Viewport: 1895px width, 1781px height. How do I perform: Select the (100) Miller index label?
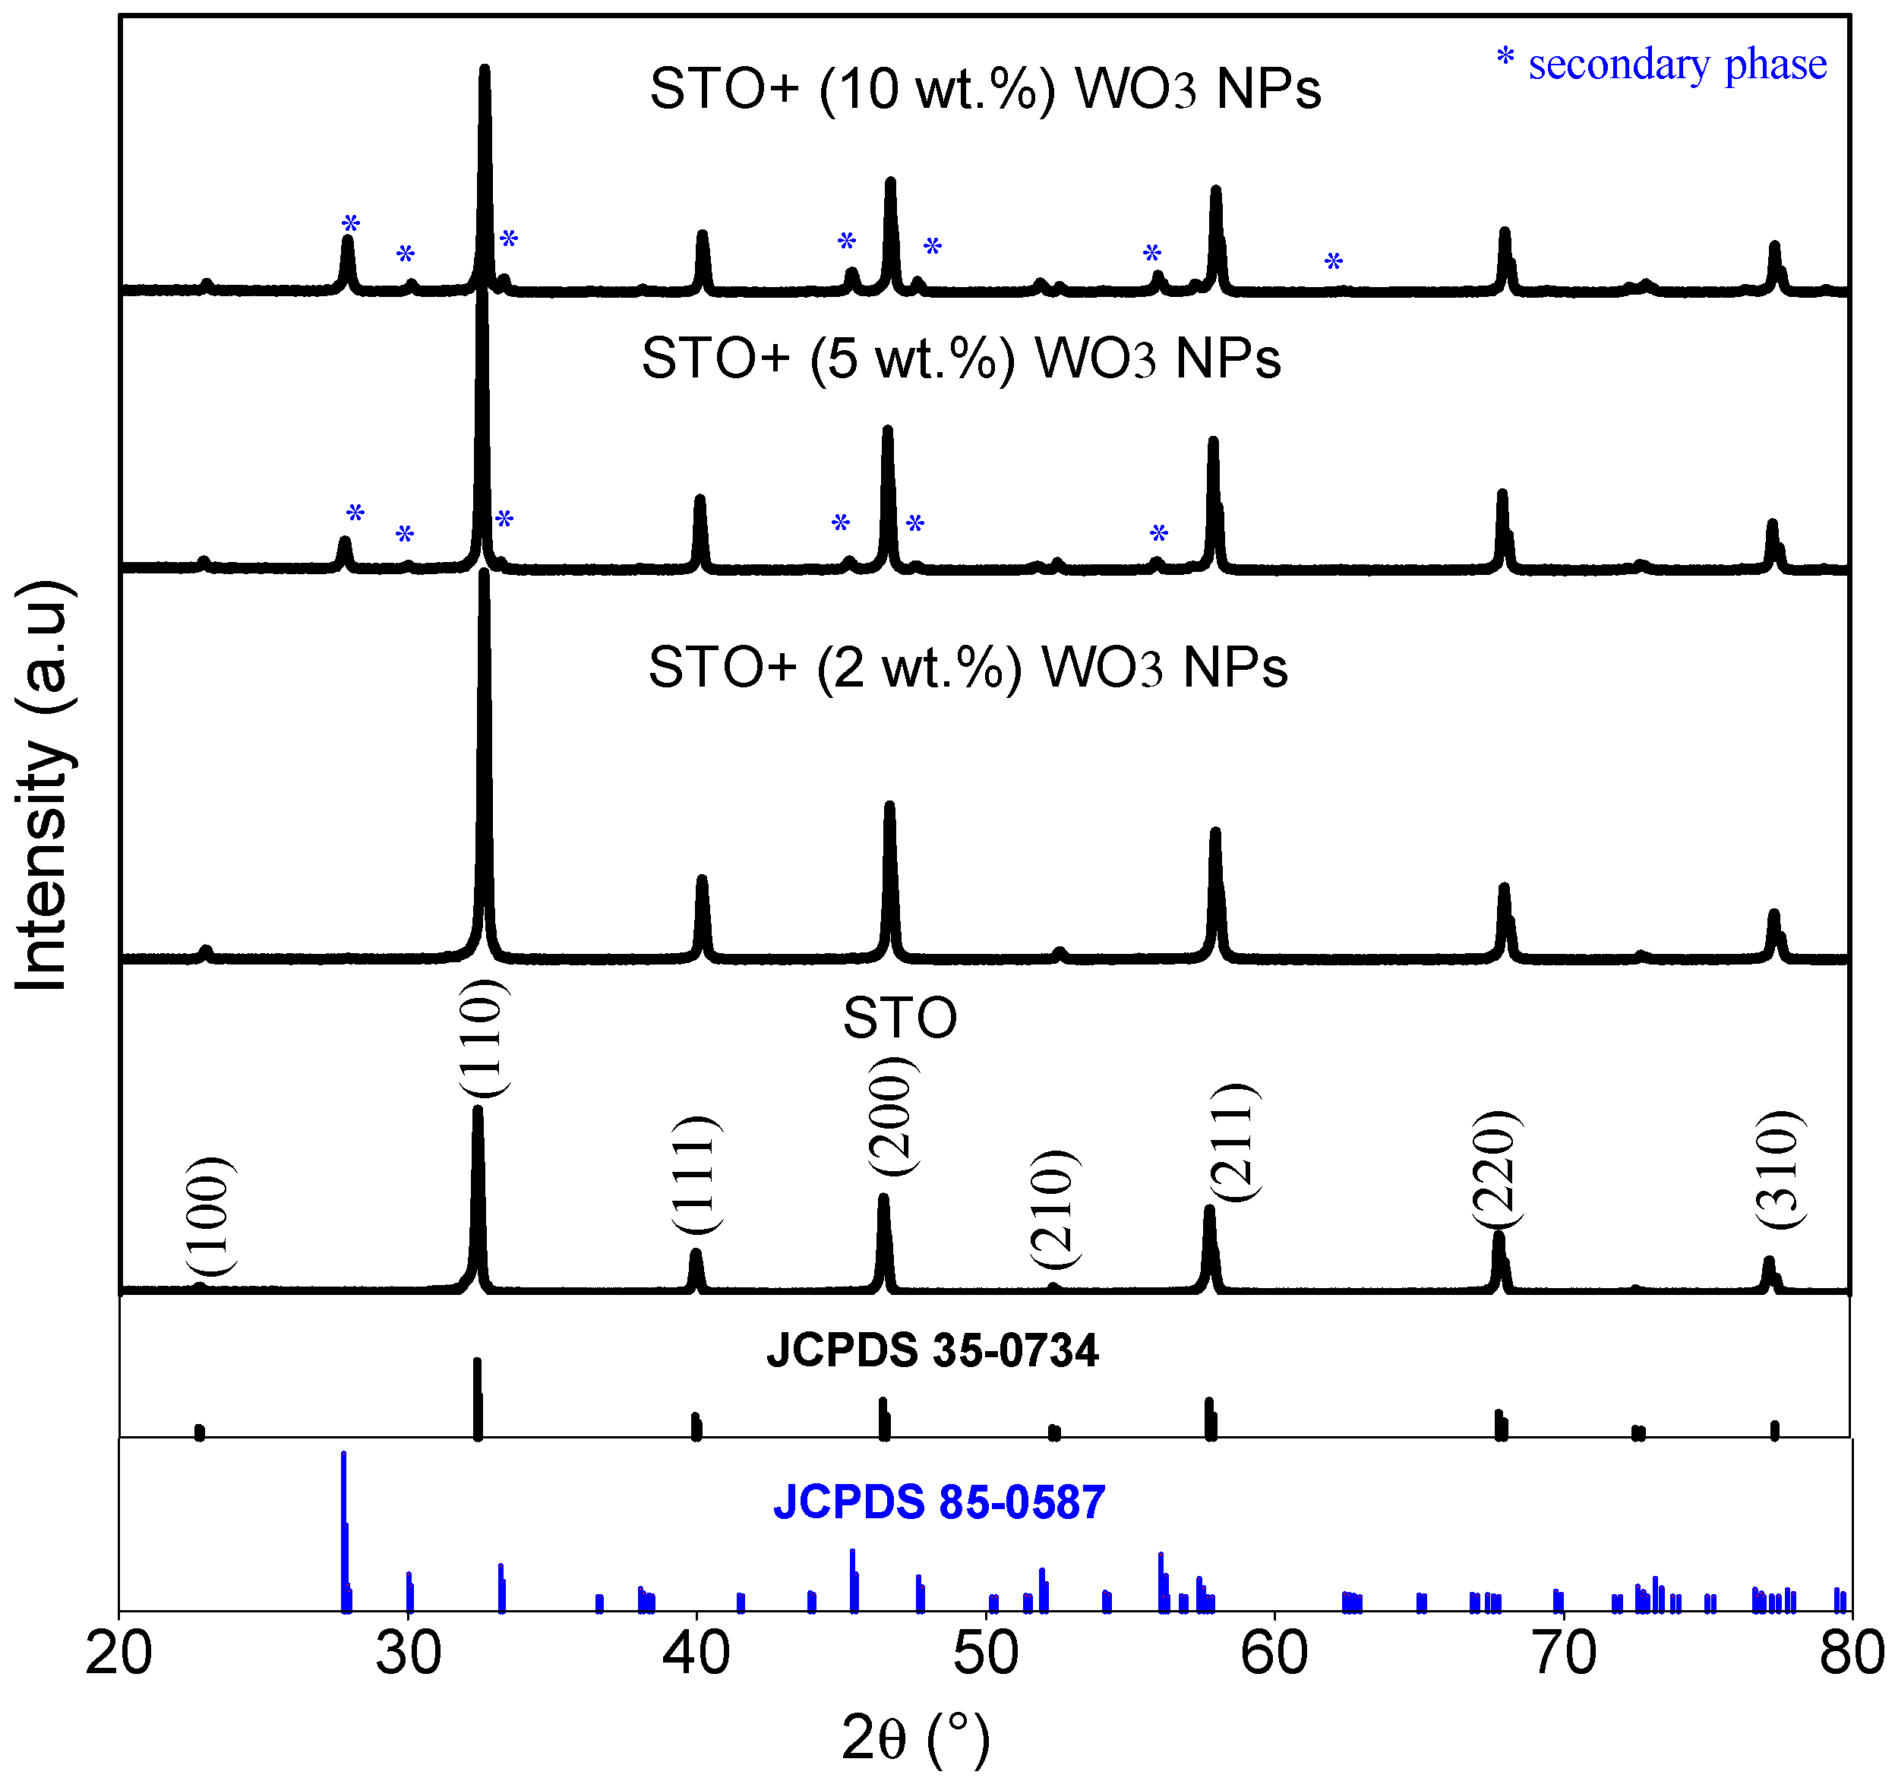point(209,1216)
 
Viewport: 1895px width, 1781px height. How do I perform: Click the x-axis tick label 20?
point(118,1654)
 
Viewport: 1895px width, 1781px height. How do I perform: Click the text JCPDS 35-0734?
point(932,1350)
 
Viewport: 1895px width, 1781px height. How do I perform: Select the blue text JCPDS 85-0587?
point(939,1502)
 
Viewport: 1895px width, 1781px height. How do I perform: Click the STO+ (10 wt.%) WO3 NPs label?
point(984,90)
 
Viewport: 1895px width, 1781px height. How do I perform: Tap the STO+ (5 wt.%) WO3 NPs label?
point(961,358)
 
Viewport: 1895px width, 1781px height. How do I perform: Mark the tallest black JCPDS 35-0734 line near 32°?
point(478,1399)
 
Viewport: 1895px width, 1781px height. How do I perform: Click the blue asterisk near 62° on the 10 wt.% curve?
point(1334,262)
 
